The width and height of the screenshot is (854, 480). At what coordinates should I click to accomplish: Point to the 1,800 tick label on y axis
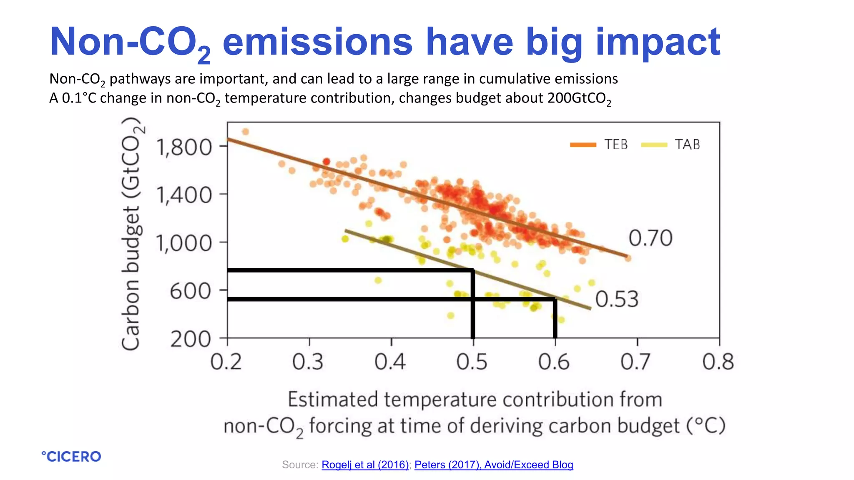pos(184,147)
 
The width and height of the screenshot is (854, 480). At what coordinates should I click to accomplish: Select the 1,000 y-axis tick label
pos(184,243)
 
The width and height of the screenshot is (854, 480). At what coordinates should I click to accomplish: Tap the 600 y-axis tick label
pos(190,291)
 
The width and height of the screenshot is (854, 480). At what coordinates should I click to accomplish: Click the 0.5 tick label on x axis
pos(472,362)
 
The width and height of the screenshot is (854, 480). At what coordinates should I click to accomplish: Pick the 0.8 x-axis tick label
pos(718,362)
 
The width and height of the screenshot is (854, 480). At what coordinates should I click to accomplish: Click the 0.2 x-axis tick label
pos(226,362)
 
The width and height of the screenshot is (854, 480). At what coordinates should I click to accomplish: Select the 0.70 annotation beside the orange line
pos(650,238)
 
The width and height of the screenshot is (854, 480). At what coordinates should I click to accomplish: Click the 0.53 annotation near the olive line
pos(617,300)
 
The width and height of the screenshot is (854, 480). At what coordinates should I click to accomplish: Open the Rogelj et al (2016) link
pos(365,465)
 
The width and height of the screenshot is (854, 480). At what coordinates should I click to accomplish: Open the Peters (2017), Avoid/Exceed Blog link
pos(494,465)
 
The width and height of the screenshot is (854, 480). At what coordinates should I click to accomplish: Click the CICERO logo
pos(71,457)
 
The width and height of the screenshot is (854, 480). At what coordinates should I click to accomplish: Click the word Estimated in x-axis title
pos(333,400)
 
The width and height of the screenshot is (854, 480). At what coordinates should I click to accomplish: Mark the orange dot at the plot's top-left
pos(245,132)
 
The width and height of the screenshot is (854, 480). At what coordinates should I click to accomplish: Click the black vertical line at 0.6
pos(555,319)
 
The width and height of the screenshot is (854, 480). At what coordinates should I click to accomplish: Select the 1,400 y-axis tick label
pos(184,195)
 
